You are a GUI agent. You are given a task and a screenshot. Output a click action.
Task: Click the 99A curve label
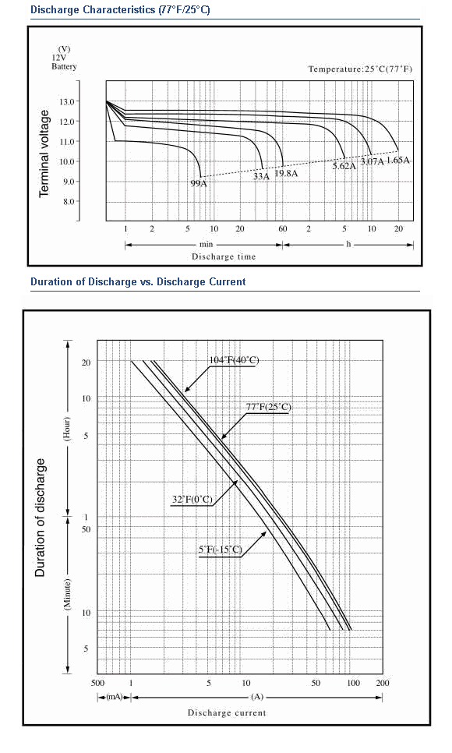(x=199, y=183)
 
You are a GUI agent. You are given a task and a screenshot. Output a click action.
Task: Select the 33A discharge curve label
(x=261, y=176)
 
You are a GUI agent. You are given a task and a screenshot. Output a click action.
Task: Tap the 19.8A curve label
(x=286, y=173)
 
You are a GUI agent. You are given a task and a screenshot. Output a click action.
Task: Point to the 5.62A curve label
(x=344, y=166)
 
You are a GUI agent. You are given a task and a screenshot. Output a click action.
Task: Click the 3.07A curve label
(x=372, y=161)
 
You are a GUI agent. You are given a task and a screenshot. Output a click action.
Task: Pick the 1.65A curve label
(x=398, y=160)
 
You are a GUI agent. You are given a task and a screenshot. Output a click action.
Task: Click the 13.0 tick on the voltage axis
(x=67, y=102)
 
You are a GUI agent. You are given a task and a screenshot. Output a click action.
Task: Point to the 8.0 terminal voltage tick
(x=69, y=202)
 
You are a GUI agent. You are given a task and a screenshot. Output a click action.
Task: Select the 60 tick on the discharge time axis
(x=282, y=228)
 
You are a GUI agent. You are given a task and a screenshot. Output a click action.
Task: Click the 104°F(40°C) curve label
(x=234, y=360)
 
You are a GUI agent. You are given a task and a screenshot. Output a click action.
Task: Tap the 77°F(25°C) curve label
(x=269, y=407)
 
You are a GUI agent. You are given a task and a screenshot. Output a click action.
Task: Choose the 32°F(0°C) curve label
(x=192, y=500)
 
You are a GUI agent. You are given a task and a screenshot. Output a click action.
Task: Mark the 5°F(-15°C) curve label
(x=221, y=550)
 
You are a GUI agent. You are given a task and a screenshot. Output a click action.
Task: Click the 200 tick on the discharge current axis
(x=383, y=683)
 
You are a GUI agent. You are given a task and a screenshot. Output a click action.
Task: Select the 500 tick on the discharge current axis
(x=97, y=683)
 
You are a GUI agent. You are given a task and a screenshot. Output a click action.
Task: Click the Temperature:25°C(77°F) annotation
(x=360, y=69)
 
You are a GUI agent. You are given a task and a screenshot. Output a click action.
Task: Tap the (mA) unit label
(x=115, y=697)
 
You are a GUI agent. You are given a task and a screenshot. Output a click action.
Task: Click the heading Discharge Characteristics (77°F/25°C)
(x=120, y=9)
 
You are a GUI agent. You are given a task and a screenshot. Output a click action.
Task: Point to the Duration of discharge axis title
(x=40, y=518)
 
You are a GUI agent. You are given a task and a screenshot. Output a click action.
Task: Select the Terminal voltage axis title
(x=44, y=154)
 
